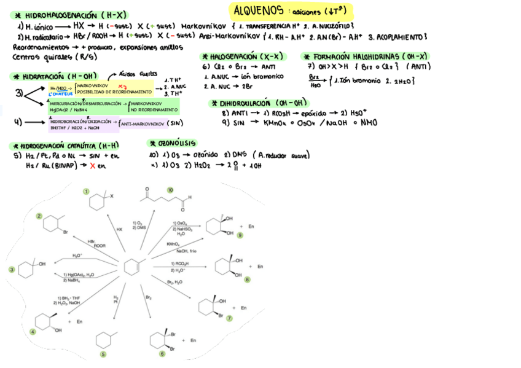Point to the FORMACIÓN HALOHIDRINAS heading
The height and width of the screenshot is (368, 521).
[369, 56]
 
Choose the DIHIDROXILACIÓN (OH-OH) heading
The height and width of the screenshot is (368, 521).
[261, 103]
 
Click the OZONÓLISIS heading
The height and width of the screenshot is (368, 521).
[178, 143]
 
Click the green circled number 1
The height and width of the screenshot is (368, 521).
[87, 192]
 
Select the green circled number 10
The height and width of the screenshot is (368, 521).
[170, 190]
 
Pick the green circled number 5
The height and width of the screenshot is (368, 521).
[103, 354]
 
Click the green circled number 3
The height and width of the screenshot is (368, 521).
[11, 269]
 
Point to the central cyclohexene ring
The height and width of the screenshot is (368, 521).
[131, 267]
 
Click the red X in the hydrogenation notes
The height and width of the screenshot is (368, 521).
[92, 166]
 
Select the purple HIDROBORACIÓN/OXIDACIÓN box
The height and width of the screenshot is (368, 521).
[84, 125]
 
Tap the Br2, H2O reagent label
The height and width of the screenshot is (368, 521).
[174, 281]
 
